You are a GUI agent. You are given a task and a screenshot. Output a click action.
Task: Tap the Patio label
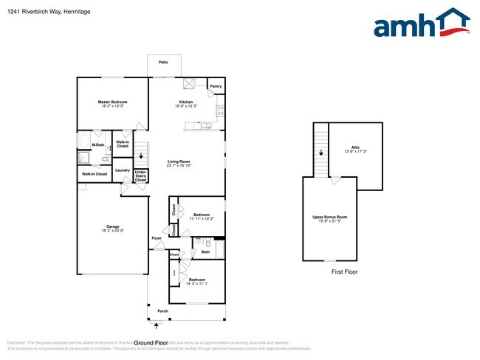162,62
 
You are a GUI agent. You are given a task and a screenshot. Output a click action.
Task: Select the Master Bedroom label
113,102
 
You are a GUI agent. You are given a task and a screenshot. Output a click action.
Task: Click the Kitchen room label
186,102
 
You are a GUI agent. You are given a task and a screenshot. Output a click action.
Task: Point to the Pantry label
216,86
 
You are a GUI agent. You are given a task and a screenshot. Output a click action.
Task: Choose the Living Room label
179,162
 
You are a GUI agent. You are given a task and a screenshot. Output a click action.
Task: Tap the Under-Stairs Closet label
140,176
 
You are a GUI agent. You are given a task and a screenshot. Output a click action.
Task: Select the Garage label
113,226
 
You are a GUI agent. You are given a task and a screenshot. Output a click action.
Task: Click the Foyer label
157,238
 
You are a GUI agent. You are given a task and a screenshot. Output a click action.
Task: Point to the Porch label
162,311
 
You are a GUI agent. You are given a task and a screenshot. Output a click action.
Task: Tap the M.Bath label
97,145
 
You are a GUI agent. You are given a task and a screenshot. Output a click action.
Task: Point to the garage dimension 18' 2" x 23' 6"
113,231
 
